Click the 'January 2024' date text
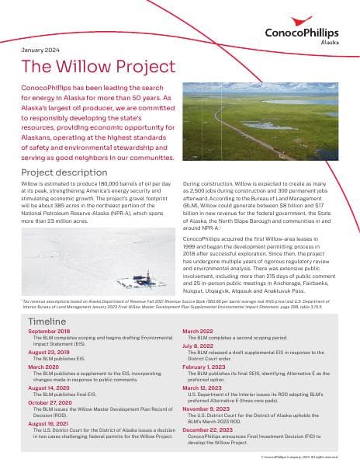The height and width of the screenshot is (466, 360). pos(40,49)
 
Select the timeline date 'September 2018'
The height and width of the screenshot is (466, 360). pos(49,331)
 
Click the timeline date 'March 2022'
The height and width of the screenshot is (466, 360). pos(199,331)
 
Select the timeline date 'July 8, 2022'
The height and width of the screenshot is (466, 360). pos(196,346)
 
